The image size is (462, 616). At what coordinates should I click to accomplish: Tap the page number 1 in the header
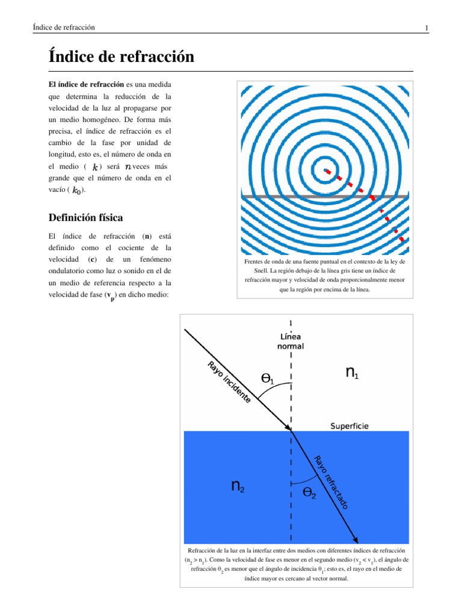coord(426,28)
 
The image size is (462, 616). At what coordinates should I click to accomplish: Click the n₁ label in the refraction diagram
coord(353,373)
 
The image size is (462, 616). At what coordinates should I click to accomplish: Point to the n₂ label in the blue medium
coord(238,486)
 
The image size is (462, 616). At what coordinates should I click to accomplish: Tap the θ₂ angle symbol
coord(309,493)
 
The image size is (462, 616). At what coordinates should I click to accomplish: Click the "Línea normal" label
coord(291,341)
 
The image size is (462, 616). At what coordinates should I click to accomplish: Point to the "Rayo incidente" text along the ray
coord(228,382)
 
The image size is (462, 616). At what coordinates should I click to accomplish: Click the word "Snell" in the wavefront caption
coord(252,271)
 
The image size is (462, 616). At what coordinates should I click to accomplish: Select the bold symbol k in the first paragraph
coord(94,167)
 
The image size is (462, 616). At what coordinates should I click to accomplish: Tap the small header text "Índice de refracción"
coord(64,28)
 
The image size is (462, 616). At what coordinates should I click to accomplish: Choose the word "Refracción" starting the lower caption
coord(205,550)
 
